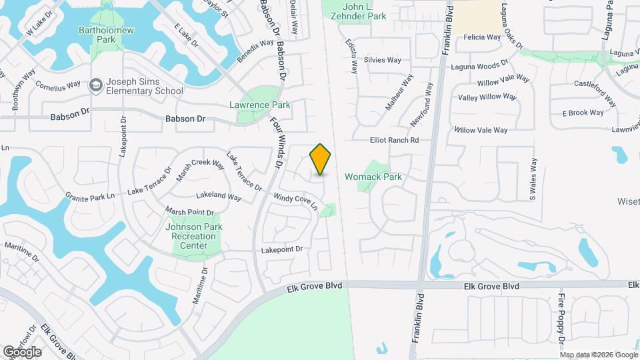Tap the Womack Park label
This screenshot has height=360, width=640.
click(x=373, y=177)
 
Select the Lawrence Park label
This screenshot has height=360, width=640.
click(x=259, y=105)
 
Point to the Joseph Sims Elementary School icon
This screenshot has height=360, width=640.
click(x=96, y=85)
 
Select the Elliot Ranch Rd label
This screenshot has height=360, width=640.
click(x=394, y=140)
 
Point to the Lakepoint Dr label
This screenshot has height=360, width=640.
click(x=281, y=249)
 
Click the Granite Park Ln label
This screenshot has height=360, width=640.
click(x=90, y=196)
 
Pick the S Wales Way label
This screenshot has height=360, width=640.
click(x=533, y=179)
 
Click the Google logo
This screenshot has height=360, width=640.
click(x=22, y=351)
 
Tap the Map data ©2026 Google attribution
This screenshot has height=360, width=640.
click(x=598, y=355)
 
